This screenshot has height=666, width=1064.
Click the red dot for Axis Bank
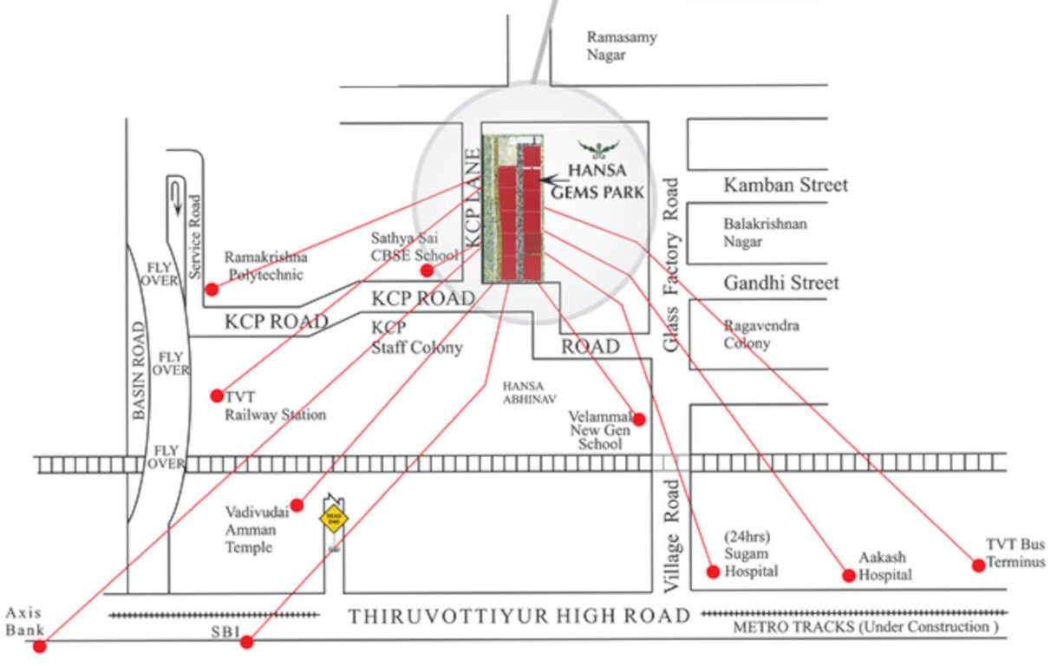(39, 645)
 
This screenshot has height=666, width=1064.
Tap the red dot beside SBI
(247, 642)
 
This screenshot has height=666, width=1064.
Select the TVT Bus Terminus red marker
(978, 565)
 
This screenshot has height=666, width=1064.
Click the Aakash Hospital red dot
(849, 575)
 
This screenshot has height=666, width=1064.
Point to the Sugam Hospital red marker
(713, 571)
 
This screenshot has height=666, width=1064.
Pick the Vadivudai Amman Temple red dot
(297, 505)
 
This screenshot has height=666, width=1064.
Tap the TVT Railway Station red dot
(217, 395)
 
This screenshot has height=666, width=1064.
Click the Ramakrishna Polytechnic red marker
(212, 289)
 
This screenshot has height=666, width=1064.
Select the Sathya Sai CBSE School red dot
(427, 270)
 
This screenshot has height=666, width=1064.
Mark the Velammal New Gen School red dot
(639, 420)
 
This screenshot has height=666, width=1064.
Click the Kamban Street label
(786, 185)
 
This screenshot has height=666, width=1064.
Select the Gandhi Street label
(781, 283)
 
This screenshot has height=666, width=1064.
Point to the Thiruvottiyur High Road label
(519, 617)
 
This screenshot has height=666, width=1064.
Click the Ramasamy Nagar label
(621, 46)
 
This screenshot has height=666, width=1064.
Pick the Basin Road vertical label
(140, 371)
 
